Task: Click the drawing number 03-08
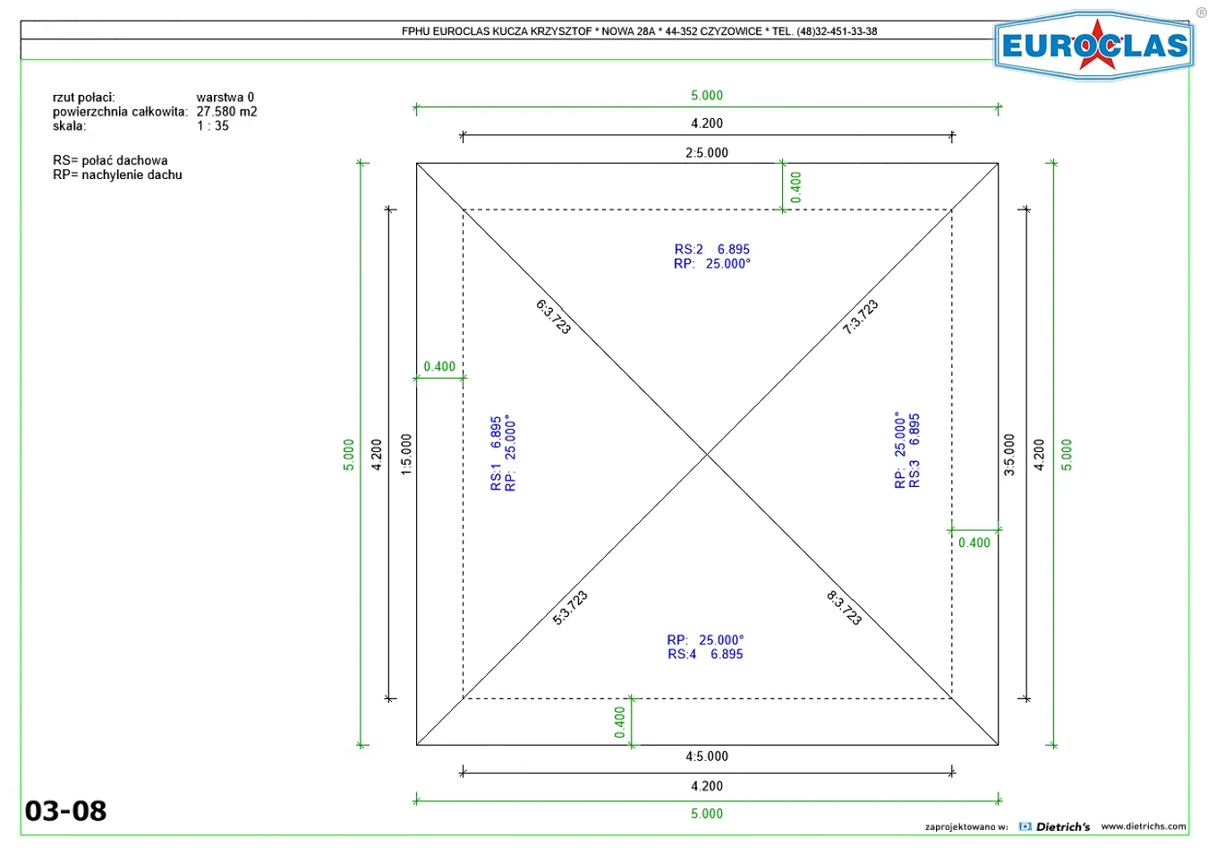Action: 66,810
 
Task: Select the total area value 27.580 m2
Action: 226,112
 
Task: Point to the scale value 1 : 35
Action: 212,125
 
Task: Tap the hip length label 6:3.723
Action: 553,317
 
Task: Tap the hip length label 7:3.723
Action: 861,317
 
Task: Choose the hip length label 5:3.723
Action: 570,608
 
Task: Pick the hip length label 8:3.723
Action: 844,608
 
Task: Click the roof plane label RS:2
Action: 689,249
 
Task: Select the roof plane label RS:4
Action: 682,654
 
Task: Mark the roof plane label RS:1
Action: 496,477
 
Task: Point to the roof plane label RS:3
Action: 915,474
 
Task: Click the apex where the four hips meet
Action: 707,454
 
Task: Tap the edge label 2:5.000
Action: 707,153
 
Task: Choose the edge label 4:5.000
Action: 707,757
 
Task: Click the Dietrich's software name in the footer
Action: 1063,827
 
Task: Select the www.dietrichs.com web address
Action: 1144,826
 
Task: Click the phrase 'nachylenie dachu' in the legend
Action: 132,175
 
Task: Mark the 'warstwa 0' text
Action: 225,97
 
